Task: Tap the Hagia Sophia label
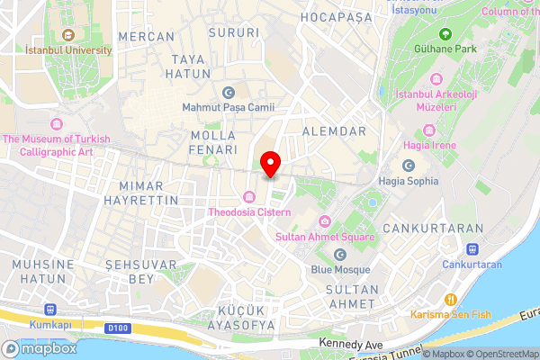[409, 180]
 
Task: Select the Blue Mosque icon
[340, 256]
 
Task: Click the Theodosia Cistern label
[250, 212]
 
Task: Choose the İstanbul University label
[68, 50]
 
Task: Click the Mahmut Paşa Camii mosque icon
[227, 93]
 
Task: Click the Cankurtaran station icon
[472, 249]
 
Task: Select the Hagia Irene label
[430, 145]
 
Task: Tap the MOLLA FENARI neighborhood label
[214, 142]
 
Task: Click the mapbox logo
[41, 348]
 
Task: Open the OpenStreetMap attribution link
[501, 353]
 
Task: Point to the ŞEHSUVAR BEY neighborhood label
[130, 272]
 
